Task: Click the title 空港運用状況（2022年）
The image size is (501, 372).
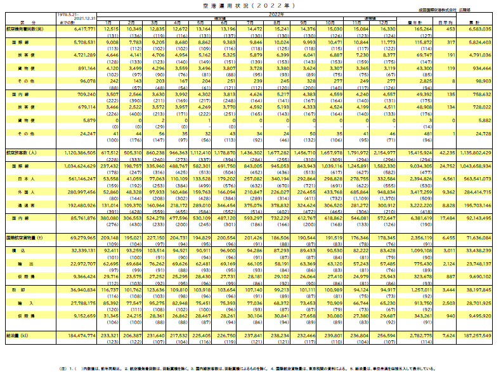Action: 251,5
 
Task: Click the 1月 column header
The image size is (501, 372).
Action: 111,22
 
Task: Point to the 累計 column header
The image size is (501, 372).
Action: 476,22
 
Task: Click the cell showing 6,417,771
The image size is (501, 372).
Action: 83,29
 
